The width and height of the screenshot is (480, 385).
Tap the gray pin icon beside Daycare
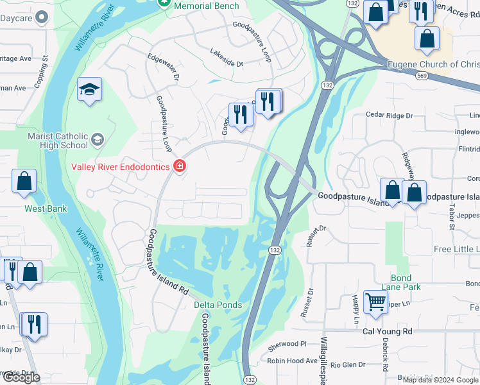tap(42, 17)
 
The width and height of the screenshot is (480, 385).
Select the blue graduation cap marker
tap(89, 90)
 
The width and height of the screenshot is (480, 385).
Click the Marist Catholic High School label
tap(58, 141)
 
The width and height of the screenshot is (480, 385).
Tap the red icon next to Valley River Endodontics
tap(180, 167)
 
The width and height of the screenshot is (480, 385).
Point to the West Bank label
tap(46, 209)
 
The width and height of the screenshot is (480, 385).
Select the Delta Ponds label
tap(218, 305)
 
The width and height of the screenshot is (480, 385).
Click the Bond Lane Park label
tap(401, 282)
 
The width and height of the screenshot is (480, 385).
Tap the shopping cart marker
tap(375, 301)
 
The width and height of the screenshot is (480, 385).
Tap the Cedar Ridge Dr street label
tap(390, 116)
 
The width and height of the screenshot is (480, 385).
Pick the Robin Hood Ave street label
tap(293, 361)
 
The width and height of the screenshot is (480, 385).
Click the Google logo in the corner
tap(21, 377)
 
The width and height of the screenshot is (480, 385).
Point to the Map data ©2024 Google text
tap(440, 380)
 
